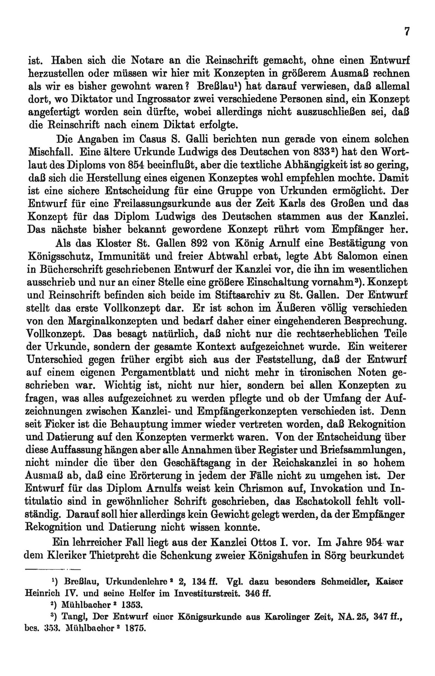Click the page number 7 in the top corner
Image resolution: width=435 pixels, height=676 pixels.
(x=407, y=31)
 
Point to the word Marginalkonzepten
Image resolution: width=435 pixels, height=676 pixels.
(x=102, y=321)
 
